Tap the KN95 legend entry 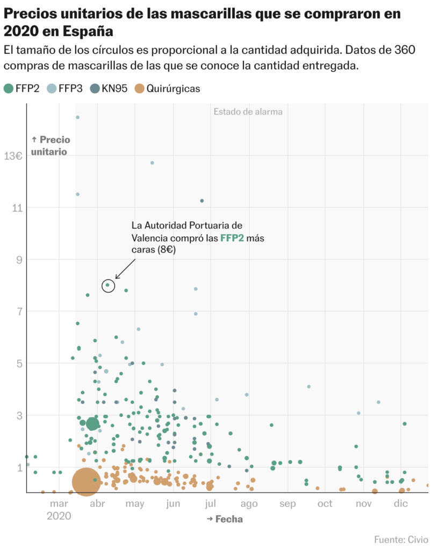[x=109, y=89]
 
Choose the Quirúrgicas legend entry [x=167, y=89]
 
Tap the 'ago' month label [x=249, y=504]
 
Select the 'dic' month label [x=400, y=504]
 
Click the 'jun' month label [x=173, y=504]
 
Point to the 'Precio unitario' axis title [x=49, y=146]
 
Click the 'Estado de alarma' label [x=248, y=112]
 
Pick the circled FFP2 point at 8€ [x=108, y=285]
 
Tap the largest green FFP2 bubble [x=92, y=424]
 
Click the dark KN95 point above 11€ [x=202, y=201]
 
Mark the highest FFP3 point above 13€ [x=77, y=117]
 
